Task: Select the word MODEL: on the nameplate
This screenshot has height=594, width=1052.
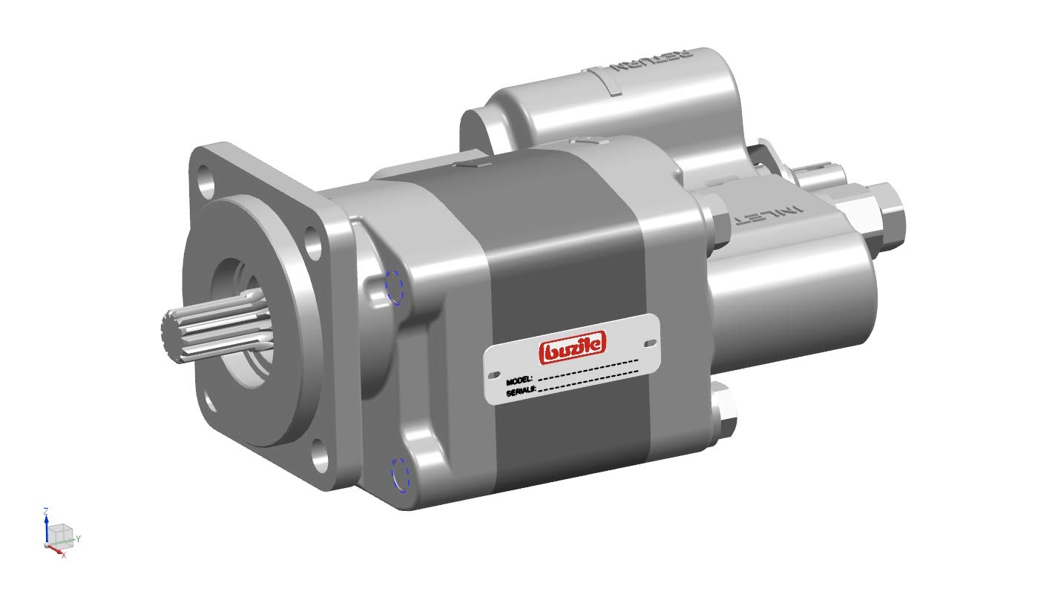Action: [x=519, y=380]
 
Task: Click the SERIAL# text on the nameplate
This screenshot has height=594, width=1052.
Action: [x=521, y=392]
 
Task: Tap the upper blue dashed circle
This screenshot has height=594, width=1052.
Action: [x=393, y=287]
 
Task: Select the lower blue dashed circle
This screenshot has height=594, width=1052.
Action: [x=400, y=474]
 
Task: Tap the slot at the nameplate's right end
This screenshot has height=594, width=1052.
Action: [x=650, y=343]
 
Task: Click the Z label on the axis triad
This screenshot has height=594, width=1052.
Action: [x=46, y=511]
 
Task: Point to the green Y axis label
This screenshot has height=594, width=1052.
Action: [x=78, y=538]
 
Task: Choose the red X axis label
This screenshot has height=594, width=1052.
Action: [x=64, y=554]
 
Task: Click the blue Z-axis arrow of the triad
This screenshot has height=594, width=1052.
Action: [x=46, y=528]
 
